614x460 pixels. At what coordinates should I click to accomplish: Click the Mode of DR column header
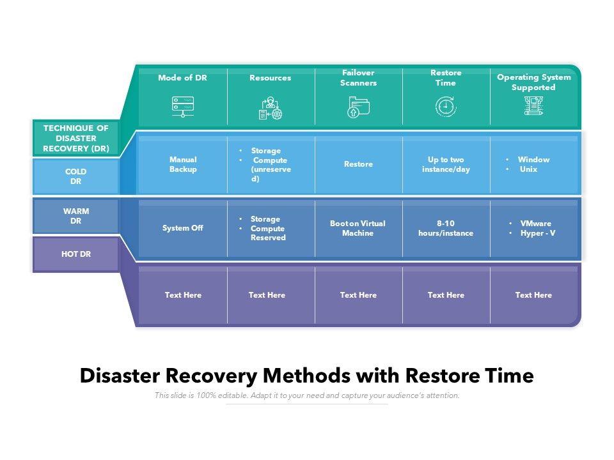pyautogui.click(x=182, y=77)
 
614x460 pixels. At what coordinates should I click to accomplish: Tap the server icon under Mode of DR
pyautogui.click(x=183, y=107)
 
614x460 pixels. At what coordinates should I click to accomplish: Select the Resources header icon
pyautogui.click(x=271, y=108)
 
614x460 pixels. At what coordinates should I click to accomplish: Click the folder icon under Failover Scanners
pyautogui.click(x=358, y=107)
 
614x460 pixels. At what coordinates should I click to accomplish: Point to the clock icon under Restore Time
pyautogui.click(x=446, y=107)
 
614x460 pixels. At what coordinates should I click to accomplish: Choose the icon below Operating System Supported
pyautogui.click(x=533, y=105)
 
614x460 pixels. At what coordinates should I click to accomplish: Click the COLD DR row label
pyautogui.click(x=75, y=176)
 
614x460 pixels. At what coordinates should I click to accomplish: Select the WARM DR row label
pyautogui.click(x=76, y=216)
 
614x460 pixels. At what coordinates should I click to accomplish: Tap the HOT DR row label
pyautogui.click(x=76, y=254)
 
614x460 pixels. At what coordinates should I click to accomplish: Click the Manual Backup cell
pyautogui.click(x=183, y=164)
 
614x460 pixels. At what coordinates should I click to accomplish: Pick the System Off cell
pyautogui.click(x=182, y=227)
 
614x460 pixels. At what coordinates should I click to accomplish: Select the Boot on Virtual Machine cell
pyautogui.click(x=358, y=228)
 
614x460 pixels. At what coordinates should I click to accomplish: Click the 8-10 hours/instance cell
pyautogui.click(x=446, y=228)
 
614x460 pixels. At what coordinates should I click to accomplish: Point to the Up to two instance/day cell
pyautogui.click(x=446, y=164)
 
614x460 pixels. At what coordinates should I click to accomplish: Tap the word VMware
pyautogui.click(x=535, y=224)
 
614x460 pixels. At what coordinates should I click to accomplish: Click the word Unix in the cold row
pyautogui.click(x=528, y=169)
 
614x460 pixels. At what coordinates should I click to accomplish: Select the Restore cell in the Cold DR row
pyautogui.click(x=358, y=164)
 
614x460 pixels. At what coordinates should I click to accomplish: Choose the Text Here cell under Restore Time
pyautogui.click(x=446, y=295)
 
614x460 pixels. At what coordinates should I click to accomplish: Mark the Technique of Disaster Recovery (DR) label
pyautogui.click(x=76, y=138)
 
